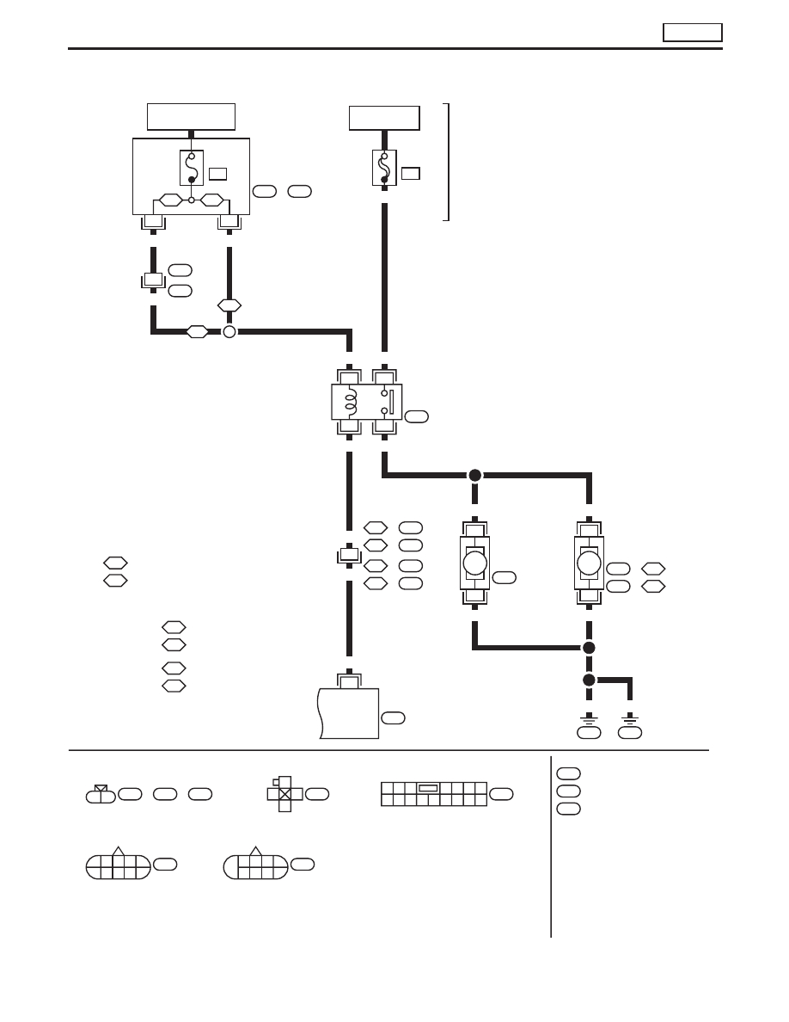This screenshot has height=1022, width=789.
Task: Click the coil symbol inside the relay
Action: (349, 402)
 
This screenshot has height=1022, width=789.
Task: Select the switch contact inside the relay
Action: (386, 402)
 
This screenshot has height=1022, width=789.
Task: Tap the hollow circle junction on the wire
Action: (229, 332)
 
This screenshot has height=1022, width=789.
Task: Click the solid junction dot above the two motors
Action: (474, 475)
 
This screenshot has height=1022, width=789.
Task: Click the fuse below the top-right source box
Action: (384, 167)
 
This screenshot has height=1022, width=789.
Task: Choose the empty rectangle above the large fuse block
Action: (191, 116)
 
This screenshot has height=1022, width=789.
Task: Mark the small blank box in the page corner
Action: (692, 33)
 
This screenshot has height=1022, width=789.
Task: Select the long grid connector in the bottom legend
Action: (433, 793)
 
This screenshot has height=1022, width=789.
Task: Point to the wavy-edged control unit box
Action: (348, 712)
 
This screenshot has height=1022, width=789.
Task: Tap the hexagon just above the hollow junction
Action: (229, 305)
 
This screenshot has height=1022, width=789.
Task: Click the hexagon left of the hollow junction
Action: (198, 332)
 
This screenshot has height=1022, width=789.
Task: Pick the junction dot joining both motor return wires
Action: (589, 648)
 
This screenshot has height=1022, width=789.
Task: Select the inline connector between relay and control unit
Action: (348, 556)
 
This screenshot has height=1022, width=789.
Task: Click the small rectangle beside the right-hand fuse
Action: (410, 173)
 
